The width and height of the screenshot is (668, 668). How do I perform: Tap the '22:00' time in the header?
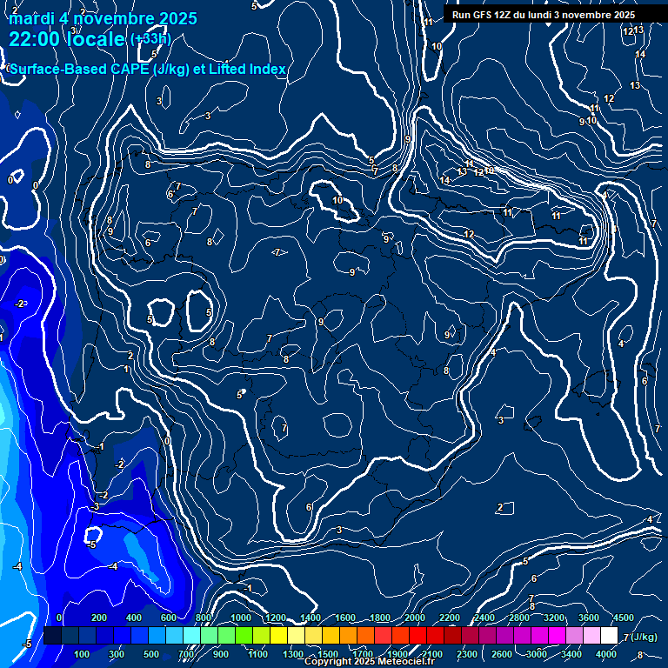(31, 39)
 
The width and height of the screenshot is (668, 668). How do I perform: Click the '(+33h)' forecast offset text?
(150, 39)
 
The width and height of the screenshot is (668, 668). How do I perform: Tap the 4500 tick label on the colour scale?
(623, 618)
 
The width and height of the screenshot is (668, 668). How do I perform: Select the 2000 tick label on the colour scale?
(415, 618)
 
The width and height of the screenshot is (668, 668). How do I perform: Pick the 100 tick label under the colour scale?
(83, 654)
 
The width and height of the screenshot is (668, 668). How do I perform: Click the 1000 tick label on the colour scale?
(241, 618)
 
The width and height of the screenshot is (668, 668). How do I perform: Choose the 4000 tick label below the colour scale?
(606, 654)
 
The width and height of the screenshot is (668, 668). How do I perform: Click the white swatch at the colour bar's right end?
(609, 636)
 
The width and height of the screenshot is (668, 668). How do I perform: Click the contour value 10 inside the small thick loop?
(337, 201)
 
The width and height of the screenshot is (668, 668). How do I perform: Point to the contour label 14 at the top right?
(640, 55)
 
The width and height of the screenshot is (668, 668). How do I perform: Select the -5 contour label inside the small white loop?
(91, 544)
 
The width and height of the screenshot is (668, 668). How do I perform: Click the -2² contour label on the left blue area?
(21, 304)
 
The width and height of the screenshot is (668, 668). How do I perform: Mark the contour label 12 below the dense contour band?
(469, 234)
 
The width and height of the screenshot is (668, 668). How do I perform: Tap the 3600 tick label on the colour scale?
(588, 618)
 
